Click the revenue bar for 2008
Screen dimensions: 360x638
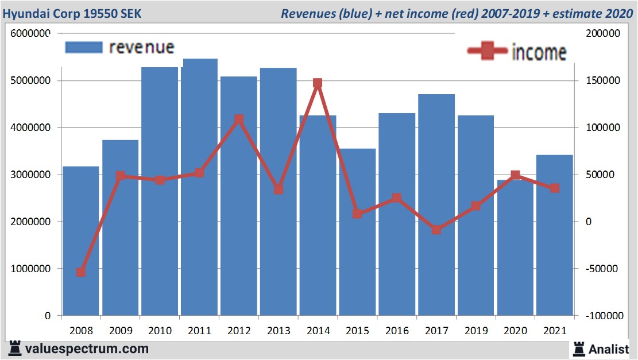coord(81,241)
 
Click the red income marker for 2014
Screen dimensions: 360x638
coord(318,83)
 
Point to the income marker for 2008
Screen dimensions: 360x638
coord(81,272)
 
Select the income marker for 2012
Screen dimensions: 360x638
coord(239,119)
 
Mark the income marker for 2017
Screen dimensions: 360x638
coord(436,230)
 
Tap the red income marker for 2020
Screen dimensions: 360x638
coord(515,175)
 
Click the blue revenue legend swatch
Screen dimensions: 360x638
coord(83,47)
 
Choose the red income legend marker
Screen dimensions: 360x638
coord(487,51)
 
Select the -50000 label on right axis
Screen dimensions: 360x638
coord(602,269)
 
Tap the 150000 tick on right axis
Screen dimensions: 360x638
coord(604,81)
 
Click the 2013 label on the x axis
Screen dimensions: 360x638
coord(279,331)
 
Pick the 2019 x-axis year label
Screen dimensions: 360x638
coord(475,331)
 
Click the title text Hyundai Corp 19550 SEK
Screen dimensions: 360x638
coord(72,13)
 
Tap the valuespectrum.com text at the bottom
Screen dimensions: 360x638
coord(87,349)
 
